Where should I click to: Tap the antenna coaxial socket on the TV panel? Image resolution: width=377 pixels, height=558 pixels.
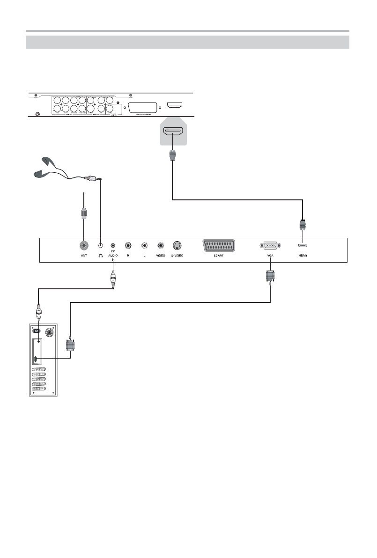click(83, 245)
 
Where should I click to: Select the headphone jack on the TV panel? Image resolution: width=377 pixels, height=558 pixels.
click(100, 245)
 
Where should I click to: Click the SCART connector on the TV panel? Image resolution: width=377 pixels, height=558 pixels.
click(219, 245)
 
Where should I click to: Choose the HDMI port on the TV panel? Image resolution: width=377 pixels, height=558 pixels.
click(303, 245)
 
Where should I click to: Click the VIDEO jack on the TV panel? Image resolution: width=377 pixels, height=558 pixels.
click(161, 245)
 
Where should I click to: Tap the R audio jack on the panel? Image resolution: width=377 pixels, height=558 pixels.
click(128, 245)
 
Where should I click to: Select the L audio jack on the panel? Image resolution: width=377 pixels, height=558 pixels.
click(144, 245)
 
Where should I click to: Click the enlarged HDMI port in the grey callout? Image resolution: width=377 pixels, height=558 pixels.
click(173, 132)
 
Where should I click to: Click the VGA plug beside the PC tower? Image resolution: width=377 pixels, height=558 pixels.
click(70, 345)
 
